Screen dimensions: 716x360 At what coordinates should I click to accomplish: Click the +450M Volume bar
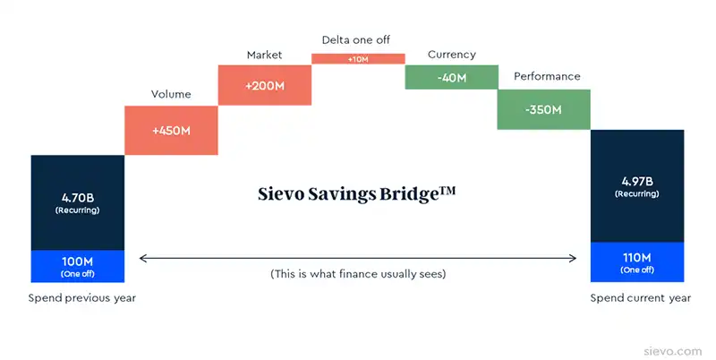click(171, 131)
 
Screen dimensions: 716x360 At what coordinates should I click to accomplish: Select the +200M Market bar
click(265, 85)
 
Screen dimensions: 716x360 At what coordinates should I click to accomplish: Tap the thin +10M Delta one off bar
click(359, 59)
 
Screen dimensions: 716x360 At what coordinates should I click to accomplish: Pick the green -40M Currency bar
click(452, 77)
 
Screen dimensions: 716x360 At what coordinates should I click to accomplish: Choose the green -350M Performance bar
click(544, 109)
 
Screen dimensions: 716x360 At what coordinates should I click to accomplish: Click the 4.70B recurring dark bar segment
click(78, 203)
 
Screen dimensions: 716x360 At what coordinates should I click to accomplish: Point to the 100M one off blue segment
click(78, 266)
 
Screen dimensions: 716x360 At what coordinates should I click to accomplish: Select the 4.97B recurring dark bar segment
click(637, 186)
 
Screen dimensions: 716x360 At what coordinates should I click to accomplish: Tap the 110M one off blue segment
click(637, 262)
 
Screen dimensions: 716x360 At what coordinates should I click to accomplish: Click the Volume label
click(171, 94)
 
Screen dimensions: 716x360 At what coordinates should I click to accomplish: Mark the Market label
click(264, 55)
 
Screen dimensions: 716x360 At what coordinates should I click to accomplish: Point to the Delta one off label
click(356, 39)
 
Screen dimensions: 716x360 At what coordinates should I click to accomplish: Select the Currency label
click(452, 55)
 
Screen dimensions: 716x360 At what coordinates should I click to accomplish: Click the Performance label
click(547, 76)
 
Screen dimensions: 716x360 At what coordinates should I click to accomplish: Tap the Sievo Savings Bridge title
click(356, 193)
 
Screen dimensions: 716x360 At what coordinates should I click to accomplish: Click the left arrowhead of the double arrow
click(141, 259)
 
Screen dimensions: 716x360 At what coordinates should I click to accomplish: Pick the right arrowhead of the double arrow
click(575, 259)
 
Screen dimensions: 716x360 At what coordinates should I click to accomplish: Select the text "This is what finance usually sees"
click(358, 274)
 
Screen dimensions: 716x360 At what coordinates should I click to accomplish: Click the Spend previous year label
click(82, 298)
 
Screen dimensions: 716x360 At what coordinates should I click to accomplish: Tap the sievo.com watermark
click(673, 351)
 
